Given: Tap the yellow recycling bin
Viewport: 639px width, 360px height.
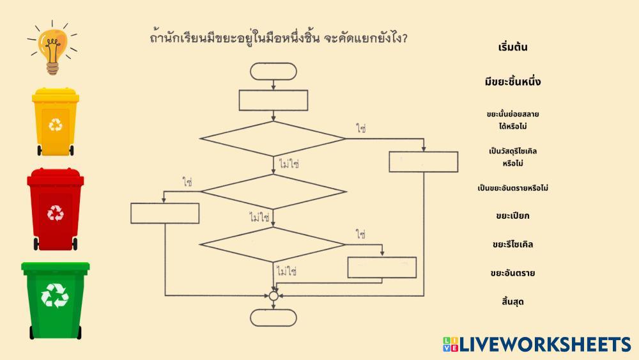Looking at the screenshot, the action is pyautogui.click(x=56, y=121).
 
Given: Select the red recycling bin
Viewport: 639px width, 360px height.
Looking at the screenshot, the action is pyautogui.click(x=56, y=210).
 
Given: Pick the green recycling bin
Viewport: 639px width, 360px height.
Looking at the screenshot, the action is pyautogui.click(x=56, y=299).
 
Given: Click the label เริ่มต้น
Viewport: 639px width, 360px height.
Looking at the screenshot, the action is pyautogui.click(x=512, y=48).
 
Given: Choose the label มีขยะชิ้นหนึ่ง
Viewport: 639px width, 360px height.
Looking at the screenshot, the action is pyautogui.click(x=512, y=82).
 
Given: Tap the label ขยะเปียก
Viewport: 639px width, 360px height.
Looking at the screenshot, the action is pyautogui.click(x=512, y=215).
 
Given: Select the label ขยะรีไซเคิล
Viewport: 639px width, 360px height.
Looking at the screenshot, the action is pyautogui.click(x=512, y=244).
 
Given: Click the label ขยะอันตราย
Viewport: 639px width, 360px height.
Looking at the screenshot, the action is pyautogui.click(x=512, y=273).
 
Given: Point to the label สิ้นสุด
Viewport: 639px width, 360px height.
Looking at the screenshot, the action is pyautogui.click(x=512, y=301).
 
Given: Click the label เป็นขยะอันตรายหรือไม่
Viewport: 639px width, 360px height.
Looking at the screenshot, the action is pyautogui.click(x=512, y=188).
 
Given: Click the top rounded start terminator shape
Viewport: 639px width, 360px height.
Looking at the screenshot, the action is pyautogui.click(x=273, y=72).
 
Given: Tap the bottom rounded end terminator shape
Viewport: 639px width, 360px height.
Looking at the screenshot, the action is pyautogui.click(x=273, y=318).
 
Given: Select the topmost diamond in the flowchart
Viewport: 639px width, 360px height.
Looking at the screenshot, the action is pyautogui.click(x=273, y=138).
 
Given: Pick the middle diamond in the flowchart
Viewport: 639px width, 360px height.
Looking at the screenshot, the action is pyautogui.click(x=273, y=191).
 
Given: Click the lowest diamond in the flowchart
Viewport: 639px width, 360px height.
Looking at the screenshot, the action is pyautogui.click(x=273, y=244).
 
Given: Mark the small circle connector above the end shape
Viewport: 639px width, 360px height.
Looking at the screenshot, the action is pyautogui.click(x=273, y=295).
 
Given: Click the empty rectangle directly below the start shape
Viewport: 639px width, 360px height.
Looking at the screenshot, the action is pyautogui.click(x=273, y=100).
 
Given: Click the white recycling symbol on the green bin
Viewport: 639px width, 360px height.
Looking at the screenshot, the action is pyautogui.click(x=54, y=295).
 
